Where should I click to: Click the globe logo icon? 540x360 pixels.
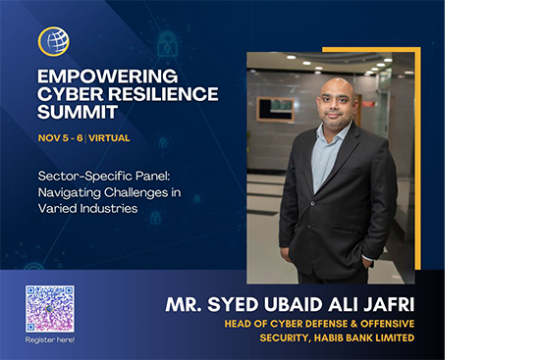(x=53, y=41)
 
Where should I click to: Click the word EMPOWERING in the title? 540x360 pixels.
(x=93, y=75)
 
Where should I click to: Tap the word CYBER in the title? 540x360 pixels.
(x=69, y=94)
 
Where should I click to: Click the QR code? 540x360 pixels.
(x=50, y=308)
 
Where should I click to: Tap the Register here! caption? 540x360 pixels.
(x=50, y=339)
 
